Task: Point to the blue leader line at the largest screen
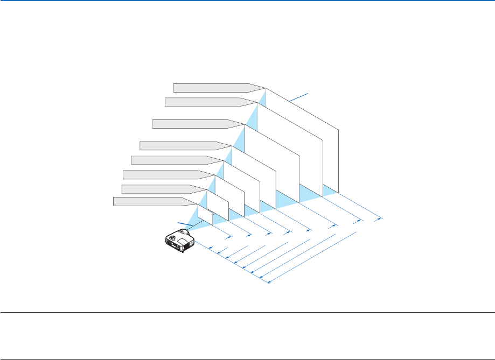[299, 97]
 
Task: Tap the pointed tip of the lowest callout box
[196, 204]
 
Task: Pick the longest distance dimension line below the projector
[312, 257]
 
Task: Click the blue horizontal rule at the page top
[247, 1]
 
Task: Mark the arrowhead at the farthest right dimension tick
[378, 219]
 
